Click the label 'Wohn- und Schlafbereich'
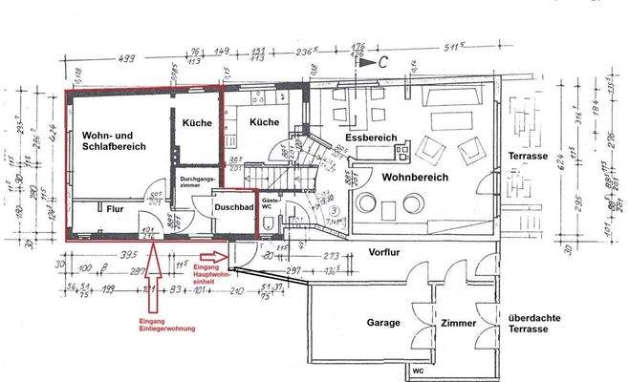(x=113, y=146)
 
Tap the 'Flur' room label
(x=115, y=208)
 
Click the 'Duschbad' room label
(x=233, y=205)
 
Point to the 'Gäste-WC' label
(x=271, y=204)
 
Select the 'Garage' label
(x=383, y=323)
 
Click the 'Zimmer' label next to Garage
(x=458, y=324)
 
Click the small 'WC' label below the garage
(x=418, y=370)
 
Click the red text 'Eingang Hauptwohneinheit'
(x=212, y=274)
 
